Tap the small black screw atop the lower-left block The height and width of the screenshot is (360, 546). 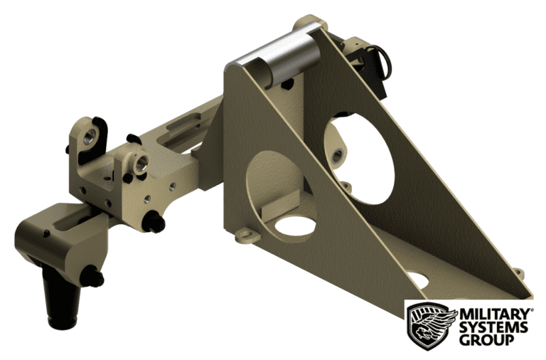[x=46, y=233]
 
